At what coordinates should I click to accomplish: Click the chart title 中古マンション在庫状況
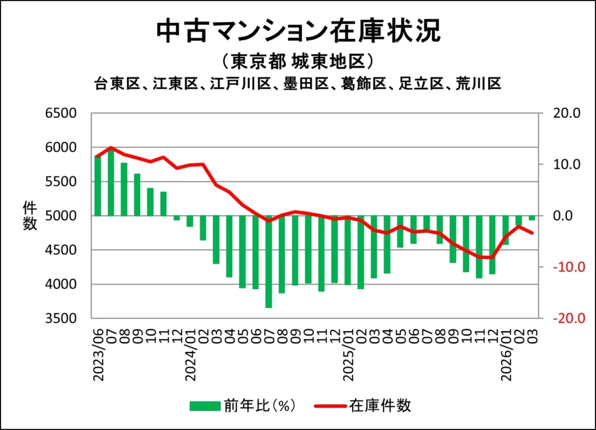(x=298, y=32)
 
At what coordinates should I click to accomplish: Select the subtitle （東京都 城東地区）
(x=297, y=62)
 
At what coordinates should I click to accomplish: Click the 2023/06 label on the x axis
(x=98, y=354)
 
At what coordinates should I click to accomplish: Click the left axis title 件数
(x=30, y=216)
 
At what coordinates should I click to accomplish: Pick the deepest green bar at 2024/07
(x=269, y=261)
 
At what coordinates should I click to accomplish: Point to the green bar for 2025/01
(x=348, y=250)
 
